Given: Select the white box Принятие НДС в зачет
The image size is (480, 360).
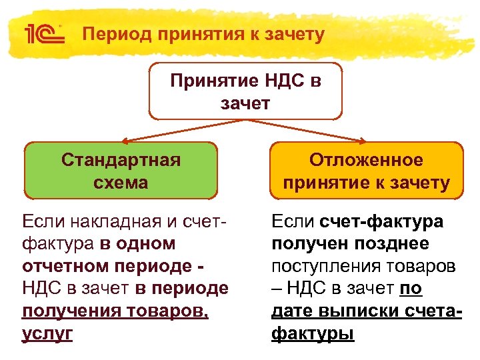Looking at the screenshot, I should tap(245, 91).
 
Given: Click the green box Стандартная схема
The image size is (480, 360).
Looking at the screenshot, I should tap(121, 171).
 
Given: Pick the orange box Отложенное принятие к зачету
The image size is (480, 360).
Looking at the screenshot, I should tap(366, 171).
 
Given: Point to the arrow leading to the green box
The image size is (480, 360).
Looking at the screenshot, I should tap(180, 132).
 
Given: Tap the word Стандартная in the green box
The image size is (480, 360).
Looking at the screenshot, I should tap(121, 160).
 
